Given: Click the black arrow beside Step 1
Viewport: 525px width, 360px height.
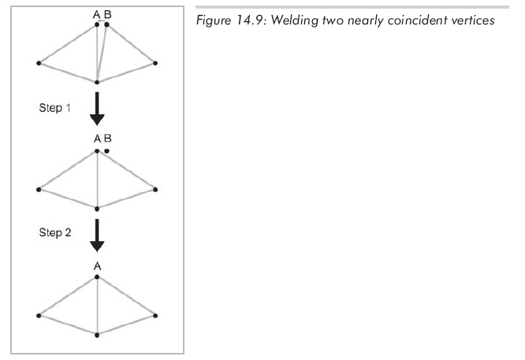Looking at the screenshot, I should click(97, 109).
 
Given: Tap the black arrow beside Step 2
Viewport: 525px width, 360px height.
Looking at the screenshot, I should click(97, 235).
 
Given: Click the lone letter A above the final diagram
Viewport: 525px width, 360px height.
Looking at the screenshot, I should click(97, 266).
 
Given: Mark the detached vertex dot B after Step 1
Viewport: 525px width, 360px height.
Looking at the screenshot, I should click(106, 149).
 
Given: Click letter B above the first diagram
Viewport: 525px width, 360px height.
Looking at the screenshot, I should click(107, 14).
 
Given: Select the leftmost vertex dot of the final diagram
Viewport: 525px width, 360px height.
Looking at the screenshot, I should click(39, 316).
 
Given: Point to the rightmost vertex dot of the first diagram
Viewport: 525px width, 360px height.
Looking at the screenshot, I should click(156, 62).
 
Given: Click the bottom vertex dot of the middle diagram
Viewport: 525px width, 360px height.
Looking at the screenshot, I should click(97, 208).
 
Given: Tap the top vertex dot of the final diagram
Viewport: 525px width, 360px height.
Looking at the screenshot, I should click(97, 276).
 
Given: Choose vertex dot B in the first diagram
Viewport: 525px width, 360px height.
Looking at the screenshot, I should click(106, 24).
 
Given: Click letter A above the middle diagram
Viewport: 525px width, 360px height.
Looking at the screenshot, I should click(97, 139).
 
